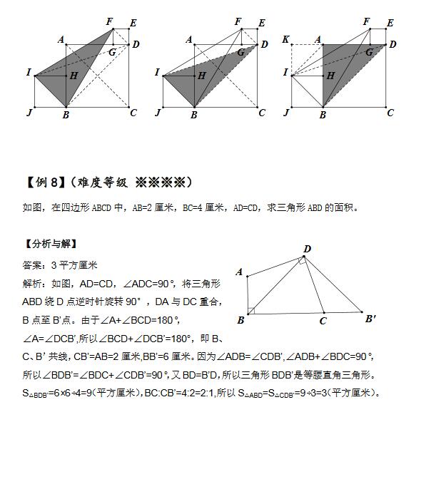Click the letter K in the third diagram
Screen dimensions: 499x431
point(285,40)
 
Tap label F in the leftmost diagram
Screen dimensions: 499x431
point(110,22)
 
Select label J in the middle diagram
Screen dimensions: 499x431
point(158,113)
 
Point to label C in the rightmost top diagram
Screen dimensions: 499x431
point(390,113)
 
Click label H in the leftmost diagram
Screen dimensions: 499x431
point(74,76)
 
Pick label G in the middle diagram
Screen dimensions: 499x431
point(240,53)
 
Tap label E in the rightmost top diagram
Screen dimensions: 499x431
point(390,24)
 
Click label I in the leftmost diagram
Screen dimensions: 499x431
point(29,73)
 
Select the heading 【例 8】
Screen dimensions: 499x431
point(44,182)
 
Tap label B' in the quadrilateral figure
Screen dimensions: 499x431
point(371,319)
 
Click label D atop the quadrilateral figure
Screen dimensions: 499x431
point(307,249)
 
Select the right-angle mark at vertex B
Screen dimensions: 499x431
point(251,310)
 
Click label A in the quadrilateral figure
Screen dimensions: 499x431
point(240,272)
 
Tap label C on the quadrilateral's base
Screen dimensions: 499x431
point(323,321)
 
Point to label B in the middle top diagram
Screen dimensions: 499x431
point(194,114)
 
